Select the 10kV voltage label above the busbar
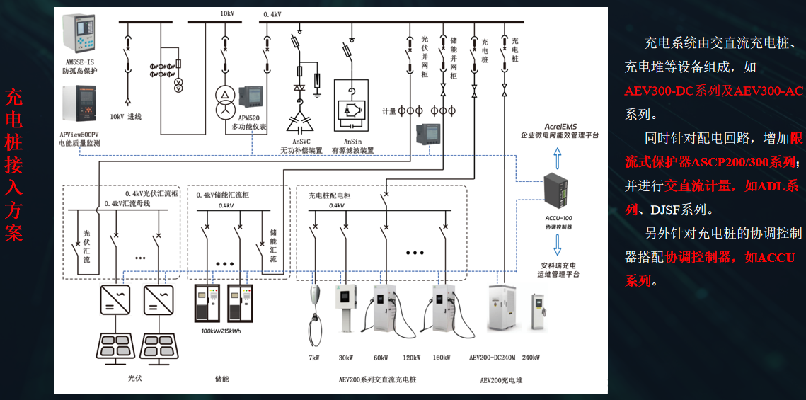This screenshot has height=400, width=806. tap(226, 13)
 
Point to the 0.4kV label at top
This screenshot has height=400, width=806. tap(272, 14)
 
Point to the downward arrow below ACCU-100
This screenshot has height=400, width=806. tap(558, 244)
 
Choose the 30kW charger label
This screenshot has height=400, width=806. tap(346, 358)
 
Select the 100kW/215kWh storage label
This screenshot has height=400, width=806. tap(221, 331)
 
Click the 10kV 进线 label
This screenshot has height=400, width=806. tap(126, 116)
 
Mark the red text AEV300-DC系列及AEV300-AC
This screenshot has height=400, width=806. tap(714, 91)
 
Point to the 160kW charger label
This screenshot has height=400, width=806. tap(440, 358)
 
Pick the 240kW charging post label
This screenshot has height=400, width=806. tap(531, 358)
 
